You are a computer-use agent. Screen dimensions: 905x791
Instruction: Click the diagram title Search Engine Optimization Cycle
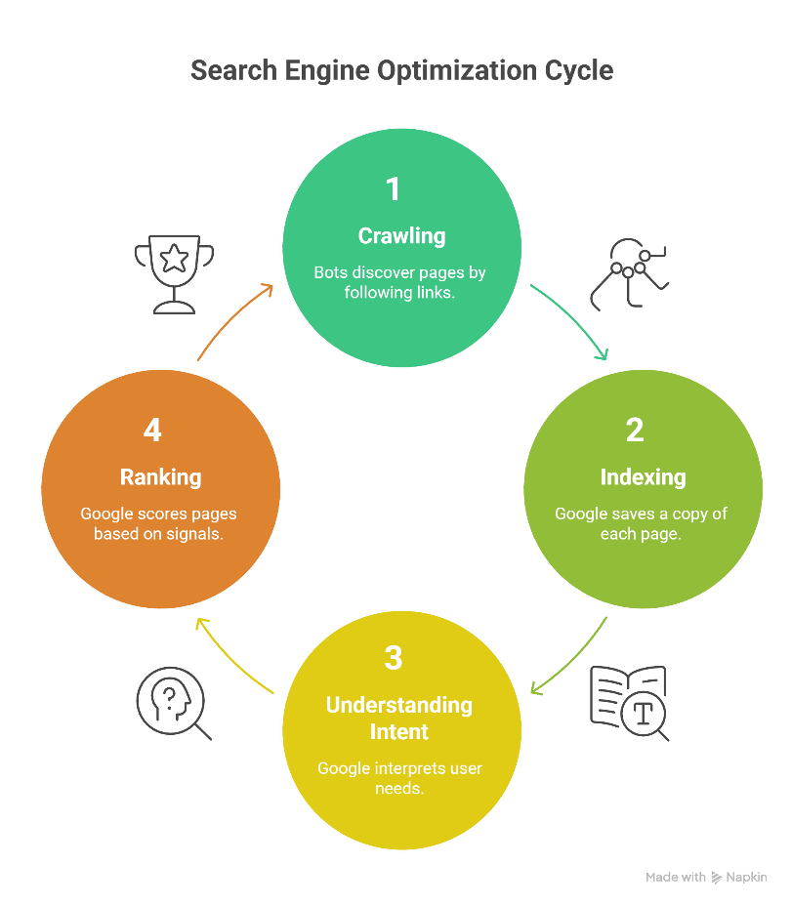coord(401,71)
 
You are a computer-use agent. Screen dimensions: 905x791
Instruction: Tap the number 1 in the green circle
coord(394,188)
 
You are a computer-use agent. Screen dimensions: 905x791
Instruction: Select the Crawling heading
coord(401,235)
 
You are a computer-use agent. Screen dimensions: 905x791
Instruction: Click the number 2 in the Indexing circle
coord(635,431)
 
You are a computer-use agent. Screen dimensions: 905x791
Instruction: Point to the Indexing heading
coord(643,476)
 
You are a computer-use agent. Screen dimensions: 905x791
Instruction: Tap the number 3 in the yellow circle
coord(394,658)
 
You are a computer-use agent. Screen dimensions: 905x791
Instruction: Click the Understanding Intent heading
coord(399,718)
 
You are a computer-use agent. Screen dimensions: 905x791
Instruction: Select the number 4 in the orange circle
coord(151,431)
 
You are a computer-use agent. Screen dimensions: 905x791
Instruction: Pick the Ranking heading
coord(160,476)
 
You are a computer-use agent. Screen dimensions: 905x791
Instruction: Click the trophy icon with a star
coord(174,272)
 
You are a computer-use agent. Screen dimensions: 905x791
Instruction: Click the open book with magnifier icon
coord(630,702)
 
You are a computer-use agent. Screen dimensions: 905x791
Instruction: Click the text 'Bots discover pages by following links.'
coord(399,282)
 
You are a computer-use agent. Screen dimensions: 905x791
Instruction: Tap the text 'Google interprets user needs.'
coord(399,778)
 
